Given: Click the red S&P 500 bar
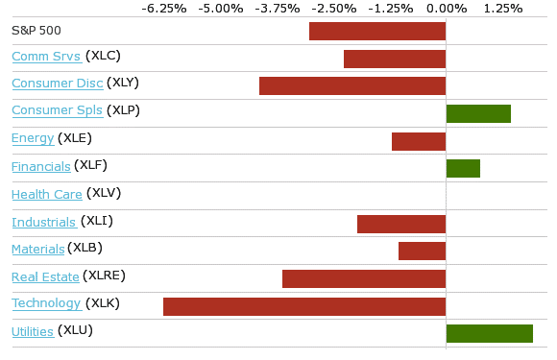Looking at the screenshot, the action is point(377,32).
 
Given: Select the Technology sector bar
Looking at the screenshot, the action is point(304,307).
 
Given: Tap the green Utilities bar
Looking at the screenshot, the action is point(490,334).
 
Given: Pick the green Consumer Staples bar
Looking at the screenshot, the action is point(478,114).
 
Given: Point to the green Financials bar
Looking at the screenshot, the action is point(463,169).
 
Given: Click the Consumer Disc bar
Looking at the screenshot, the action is point(352,85).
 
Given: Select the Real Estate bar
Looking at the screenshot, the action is point(364,279).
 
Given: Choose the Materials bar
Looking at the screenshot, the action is point(422,251).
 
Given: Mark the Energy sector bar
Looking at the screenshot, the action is point(419,142).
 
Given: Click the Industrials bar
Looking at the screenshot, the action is point(401,224).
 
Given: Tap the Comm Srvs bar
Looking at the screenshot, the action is point(395,59).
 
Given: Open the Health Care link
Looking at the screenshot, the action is point(47,195).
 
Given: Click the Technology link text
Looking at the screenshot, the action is point(46,303).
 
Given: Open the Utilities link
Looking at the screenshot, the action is point(33,331).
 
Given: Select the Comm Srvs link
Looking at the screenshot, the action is point(46,57).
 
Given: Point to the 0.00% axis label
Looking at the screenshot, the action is point(447,9).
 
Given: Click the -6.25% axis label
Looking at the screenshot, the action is point(164,9).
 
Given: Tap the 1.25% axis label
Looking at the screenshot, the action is point(503,9).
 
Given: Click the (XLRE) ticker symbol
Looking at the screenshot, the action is point(104,276).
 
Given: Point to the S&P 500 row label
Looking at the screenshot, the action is point(36,31).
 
